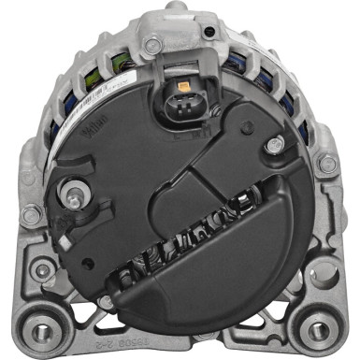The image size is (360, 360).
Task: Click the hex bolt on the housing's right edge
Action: (x=326, y=164)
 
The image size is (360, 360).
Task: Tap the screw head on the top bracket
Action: (x=151, y=44)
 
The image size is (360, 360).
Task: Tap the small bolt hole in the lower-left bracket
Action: (x=42, y=271)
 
